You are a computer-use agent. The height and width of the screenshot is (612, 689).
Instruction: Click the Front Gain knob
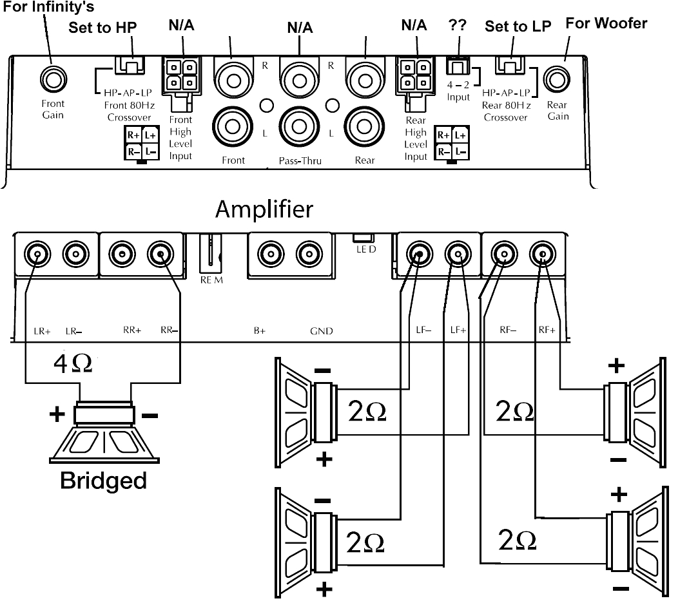pyautogui.click(x=52, y=79)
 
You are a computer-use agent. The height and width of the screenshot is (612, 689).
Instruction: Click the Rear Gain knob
pyautogui.click(x=556, y=80)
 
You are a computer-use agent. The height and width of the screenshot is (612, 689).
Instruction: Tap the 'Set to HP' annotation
pyautogui.click(x=103, y=28)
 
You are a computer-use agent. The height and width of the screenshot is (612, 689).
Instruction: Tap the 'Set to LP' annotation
pyautogui.click(x=518, y=26)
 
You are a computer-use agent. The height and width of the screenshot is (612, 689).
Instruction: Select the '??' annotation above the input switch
pyautogui.click(x=457, y=26)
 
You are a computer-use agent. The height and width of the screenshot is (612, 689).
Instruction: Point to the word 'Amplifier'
pyautogui.click(x=264, y=209)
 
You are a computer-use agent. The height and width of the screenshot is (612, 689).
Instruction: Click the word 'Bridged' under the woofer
pyautogui.click(x=103, y=481)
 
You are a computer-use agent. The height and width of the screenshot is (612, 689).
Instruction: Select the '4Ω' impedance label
pyautogui.click(x=72, y=363)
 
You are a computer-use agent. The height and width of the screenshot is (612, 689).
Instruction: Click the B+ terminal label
pyautogui.click(x=260, y=331)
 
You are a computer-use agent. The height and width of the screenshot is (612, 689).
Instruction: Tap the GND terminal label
pyautogui.click(x=322, y=331)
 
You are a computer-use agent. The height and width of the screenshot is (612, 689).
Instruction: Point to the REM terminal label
pyautogui.click(x=211, y=280)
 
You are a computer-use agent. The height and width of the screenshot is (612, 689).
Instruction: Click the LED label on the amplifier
pyautogui.click(x=365, y=249)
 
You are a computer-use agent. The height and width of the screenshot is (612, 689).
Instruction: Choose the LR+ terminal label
pyautogui.click(x=42, y=331)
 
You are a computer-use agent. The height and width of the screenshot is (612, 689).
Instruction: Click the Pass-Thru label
pyautogui.click(x=300, y=160)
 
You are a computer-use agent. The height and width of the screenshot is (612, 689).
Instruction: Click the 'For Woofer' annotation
pyautogui.click(x=606, y=24)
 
